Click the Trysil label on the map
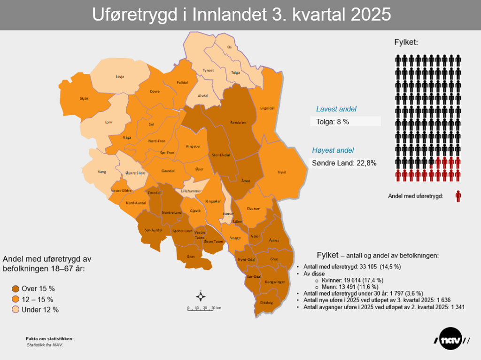[281, 172]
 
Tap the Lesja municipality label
[120, 76]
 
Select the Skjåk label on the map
[84, 98]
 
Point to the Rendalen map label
[238, 122]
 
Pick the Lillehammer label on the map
[191, 191]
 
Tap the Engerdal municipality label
[267, 108]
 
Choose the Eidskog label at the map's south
[266, 303]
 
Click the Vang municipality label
[102, 172]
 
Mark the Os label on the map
[229, 47]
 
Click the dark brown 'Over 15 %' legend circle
[16, 289]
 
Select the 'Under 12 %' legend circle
[16, 310]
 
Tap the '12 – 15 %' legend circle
[16, 299]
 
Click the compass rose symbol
[201, 296]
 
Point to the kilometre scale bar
[204, 309]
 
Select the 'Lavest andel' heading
[336, 109]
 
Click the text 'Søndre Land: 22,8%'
[344, 163]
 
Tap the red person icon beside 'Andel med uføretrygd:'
[458, 196]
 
